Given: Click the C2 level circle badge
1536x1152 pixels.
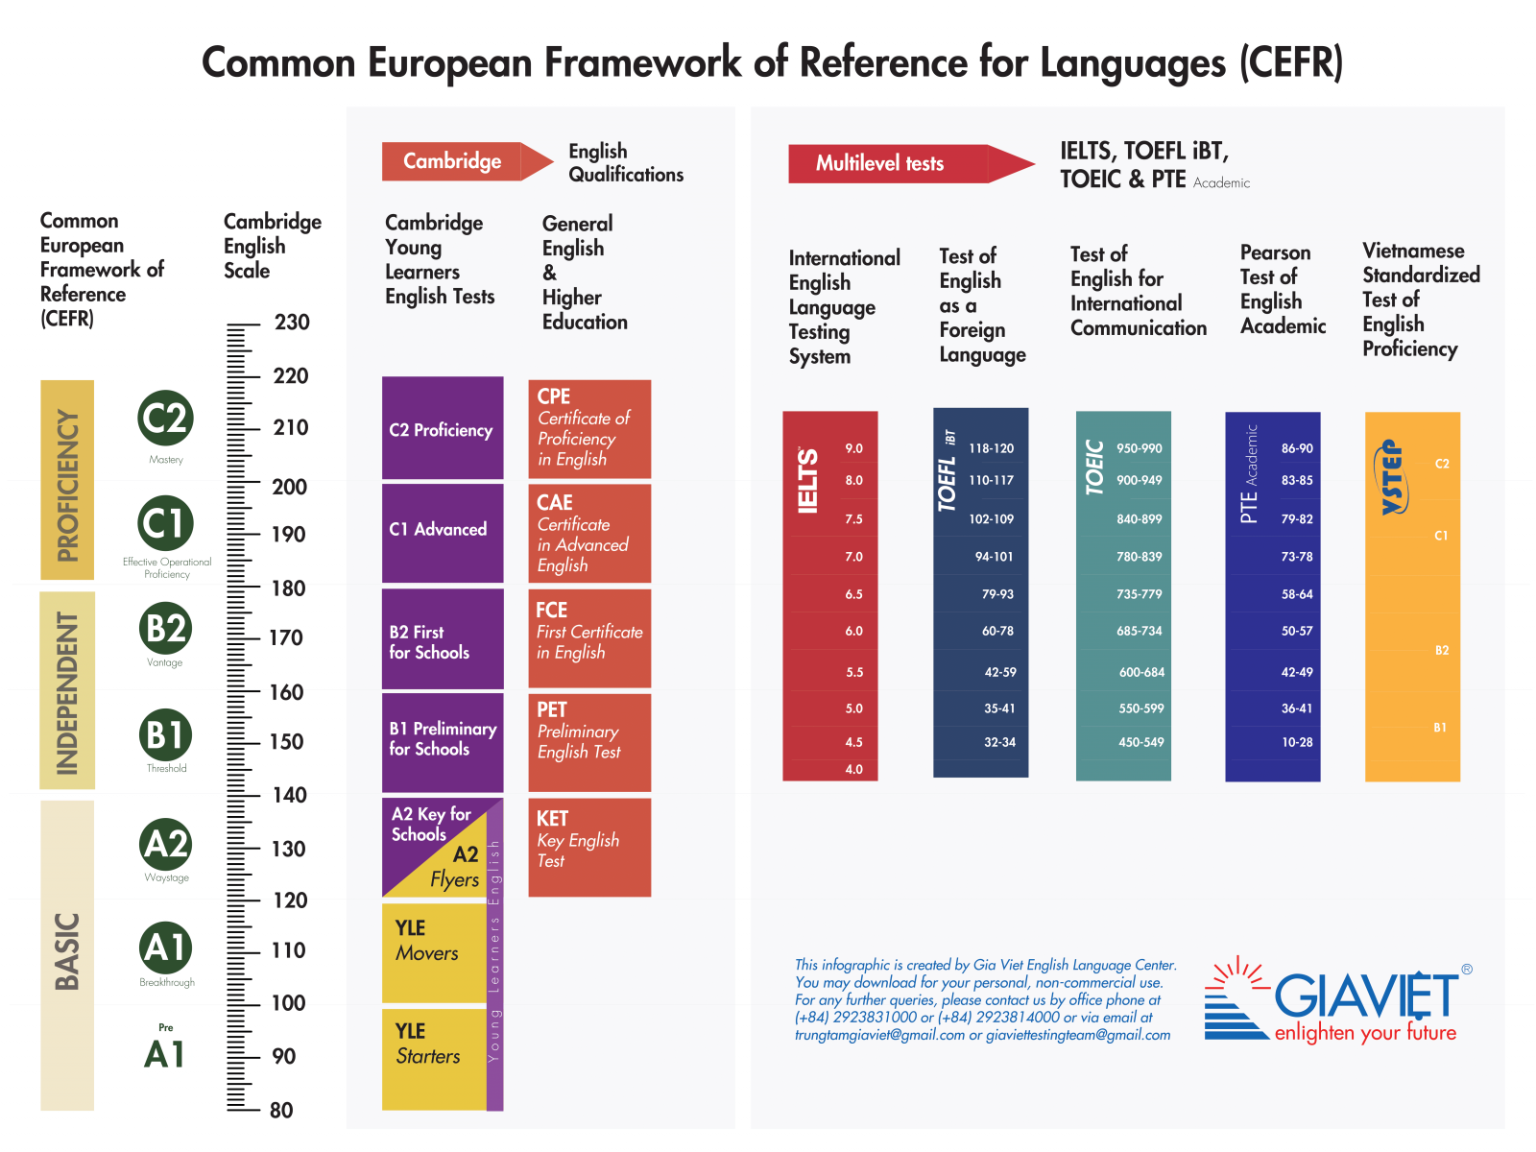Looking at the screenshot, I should coord(165,418).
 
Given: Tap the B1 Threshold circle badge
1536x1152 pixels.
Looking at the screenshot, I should coord(165,735).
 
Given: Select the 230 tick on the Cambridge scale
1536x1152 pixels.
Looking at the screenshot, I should coord(292,323).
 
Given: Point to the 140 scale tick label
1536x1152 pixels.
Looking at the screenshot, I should coord(289,795).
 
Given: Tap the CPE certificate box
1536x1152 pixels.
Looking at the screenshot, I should coord(589,429).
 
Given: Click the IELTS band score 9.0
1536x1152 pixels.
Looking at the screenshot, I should coord(853,448).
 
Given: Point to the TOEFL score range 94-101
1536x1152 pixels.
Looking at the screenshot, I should coord(994,557).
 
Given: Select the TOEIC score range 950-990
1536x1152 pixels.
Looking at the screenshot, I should coord(1139,448).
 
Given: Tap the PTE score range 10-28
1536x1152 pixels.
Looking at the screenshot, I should coord(1296,742).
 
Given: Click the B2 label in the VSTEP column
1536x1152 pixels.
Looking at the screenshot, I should coord(1441,651).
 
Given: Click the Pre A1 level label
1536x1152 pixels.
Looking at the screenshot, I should coord(165,1049).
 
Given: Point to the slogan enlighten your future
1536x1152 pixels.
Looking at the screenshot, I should coord(1365,1033).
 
